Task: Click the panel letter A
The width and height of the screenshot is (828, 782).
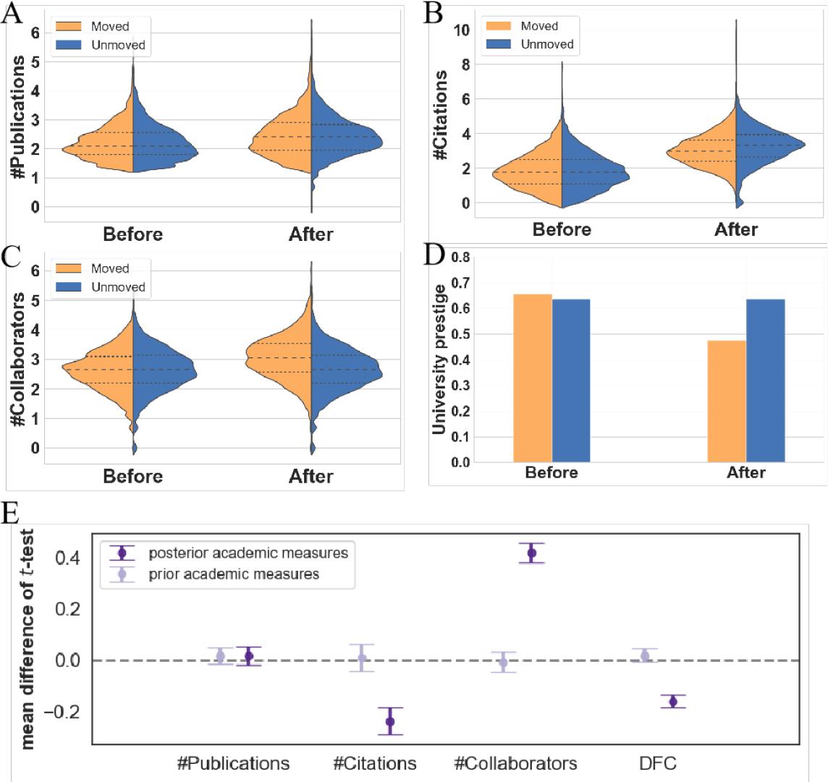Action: (12, 14)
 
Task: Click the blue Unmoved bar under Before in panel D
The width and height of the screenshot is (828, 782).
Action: (571, 380)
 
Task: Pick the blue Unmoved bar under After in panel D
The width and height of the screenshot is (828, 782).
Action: (766, 380)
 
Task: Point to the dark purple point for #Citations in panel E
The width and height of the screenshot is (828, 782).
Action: (390, 721)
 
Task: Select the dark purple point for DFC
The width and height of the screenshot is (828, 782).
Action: (673, 702)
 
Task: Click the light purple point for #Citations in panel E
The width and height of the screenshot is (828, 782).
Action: (362, 658)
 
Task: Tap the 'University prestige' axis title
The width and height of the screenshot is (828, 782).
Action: (439, 360)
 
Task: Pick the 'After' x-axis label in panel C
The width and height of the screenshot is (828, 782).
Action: (310, 477)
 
